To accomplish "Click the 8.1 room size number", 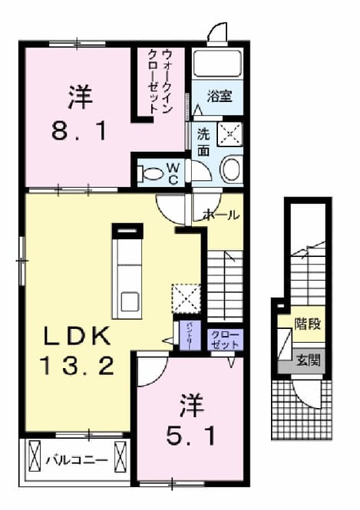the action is point(79,131).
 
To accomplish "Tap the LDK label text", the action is point(77,337).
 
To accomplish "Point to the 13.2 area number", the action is point(77,365).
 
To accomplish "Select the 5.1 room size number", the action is point(190,436).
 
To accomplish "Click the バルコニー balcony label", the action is point(77,461).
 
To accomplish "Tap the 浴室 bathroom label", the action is point(220,97).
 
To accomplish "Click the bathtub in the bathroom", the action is point(217,64).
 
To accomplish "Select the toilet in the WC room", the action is point(150,173).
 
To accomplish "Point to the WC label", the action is point(173,173).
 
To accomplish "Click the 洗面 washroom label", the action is point(203,142).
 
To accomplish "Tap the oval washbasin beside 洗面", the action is point(231,169).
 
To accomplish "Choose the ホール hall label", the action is point(221,215).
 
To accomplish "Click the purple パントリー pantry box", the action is point(190,336).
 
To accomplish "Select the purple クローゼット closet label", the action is point(225,340).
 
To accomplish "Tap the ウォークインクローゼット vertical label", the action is point(160,81).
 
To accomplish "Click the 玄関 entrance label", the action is point(308,360).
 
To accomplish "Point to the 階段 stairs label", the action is point(308,324).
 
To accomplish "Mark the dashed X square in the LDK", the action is point(186,298).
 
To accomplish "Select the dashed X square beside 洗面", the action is point(230,133).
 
